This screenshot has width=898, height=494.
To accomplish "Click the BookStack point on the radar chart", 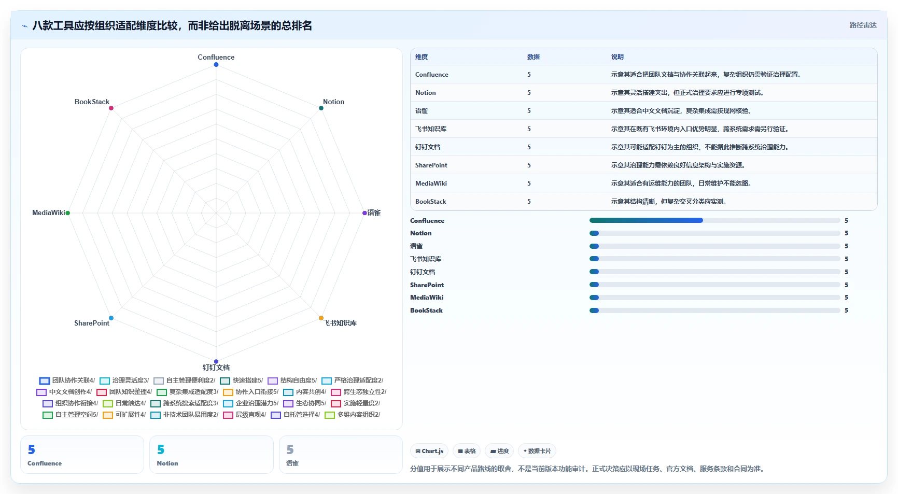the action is pyautogui.click(x=111, y=108).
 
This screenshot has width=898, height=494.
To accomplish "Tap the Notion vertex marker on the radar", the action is pyautogui.click(x=321, y=108).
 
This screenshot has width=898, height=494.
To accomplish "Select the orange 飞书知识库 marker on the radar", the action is pyautogui.click(x=321, y=318).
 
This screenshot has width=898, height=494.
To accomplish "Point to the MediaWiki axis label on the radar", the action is pyautogui.click(x=49, y=213).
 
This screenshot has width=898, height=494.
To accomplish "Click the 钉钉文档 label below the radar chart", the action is pyautogui.click(x=216, y=368).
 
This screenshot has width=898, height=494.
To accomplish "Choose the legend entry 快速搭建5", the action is pyautogui.click(x=242, y=380).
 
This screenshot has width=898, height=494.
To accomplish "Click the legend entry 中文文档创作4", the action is pyautogui.click(x=64, y=392).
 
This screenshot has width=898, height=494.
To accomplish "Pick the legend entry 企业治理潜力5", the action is pyautogui.click(x=251, y=403).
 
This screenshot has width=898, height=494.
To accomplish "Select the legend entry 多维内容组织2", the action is pyautogui.click(x=353, y=415).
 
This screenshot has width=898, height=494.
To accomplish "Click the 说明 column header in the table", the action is pyautogui.click(x=617, y=57).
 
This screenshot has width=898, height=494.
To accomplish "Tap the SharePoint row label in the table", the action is pyautogui.click(x=431, y=165).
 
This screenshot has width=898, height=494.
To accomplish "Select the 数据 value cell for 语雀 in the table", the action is pyautogui.click(x=529, y=111).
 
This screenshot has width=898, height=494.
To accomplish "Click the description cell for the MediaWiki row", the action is pyautogui.click(x=681, y=184).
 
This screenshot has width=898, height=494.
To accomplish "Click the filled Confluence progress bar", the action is pyautogui.click(x=646, y=220).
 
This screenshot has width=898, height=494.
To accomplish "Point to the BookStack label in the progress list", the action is pyautogui.click(x=426, y=310).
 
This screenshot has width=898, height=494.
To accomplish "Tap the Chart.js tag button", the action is pyautogui.click(x=429, y=451).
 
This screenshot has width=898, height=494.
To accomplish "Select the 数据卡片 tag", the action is pyautogui.click(x=537, y=451).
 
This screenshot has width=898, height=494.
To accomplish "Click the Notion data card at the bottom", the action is pyautogui.click(x=212, y=455).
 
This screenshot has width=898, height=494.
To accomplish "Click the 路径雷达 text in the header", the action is pyautogui.click(x=863, y=25).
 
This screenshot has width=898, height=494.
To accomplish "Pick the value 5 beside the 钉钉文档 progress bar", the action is pyautogui.click(x=846, y=272).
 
